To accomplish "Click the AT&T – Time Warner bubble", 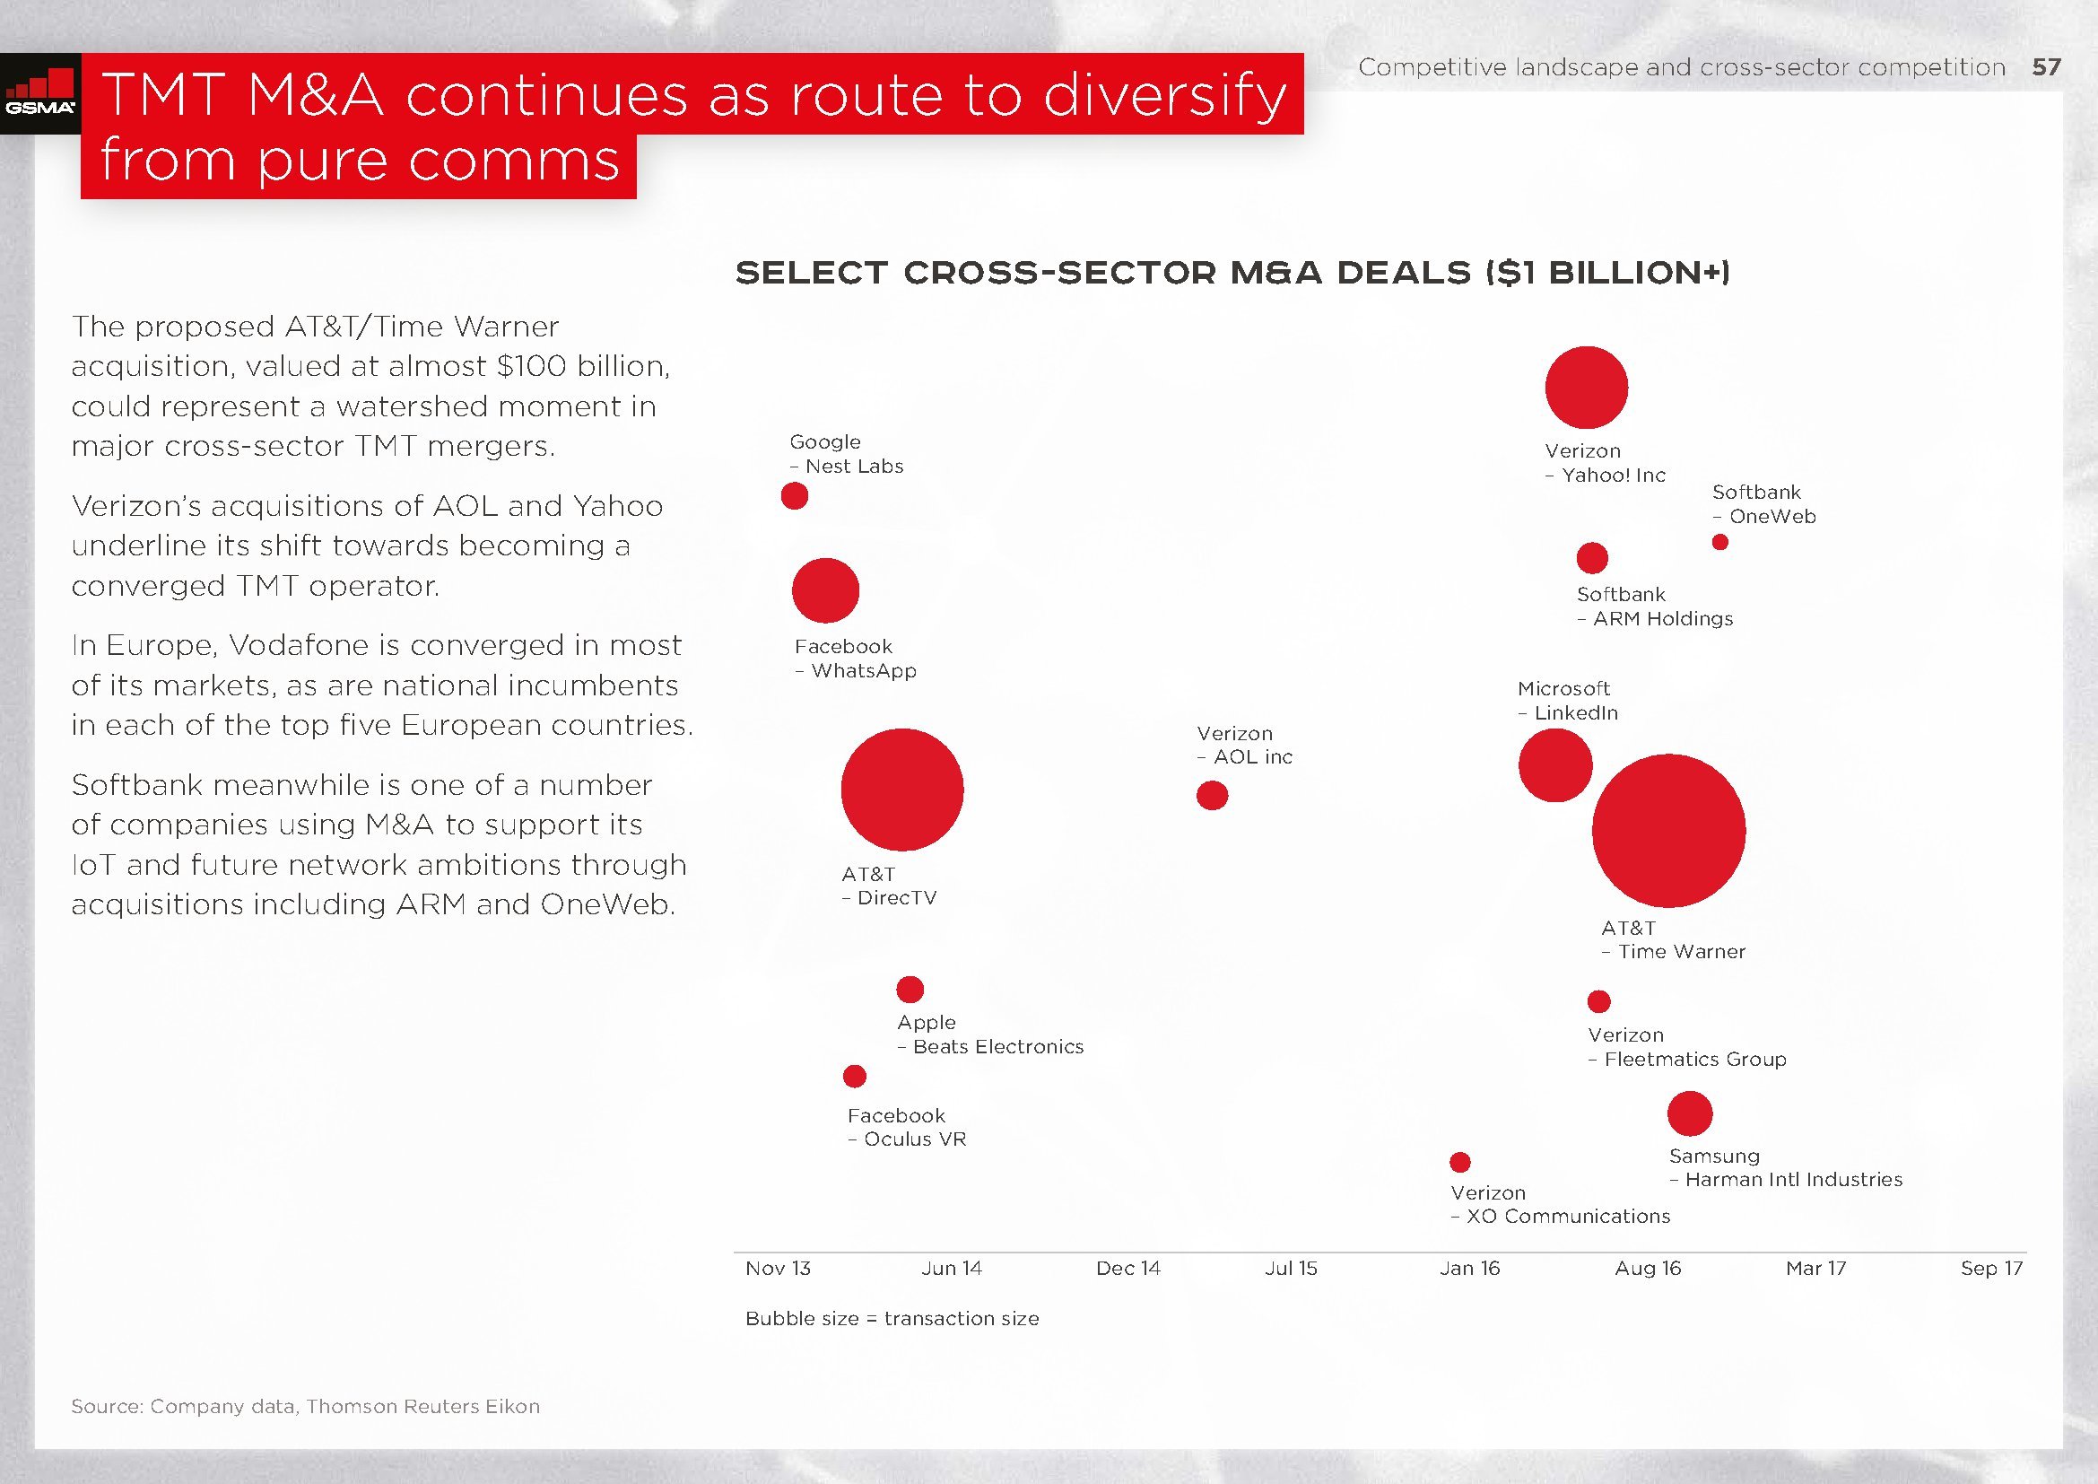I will (1668, 831).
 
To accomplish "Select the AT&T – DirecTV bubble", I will (901, 790).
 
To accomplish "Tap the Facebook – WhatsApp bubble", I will (825, 590).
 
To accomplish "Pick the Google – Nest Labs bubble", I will (794, 496).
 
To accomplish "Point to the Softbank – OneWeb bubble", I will (1719, 542).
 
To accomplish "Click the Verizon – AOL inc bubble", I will (1212, 795).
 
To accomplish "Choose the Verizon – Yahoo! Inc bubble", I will (1587, 388).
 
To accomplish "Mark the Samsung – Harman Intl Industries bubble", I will (1690, 1113).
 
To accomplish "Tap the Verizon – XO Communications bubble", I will (1460, 1161).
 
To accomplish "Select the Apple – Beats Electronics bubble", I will (910, 989).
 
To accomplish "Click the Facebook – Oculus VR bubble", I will (855, 1076).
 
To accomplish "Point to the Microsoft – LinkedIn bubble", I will (1554, 765).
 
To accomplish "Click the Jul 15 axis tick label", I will (1290, 1269).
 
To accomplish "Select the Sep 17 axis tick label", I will (1991, 1269).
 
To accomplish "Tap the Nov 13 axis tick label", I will (778, 1269).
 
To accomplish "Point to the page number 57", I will (2047, 67).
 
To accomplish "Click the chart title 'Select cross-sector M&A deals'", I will (1232, 273).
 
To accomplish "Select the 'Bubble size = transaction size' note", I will (892, 1319).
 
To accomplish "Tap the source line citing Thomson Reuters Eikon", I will (305, 1406).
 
